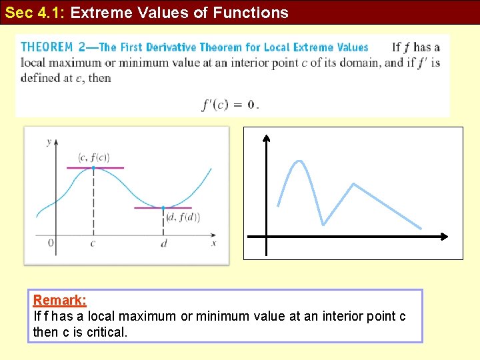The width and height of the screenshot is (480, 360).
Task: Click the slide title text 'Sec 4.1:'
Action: [35, 13]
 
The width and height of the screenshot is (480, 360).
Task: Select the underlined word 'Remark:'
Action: [60, 301]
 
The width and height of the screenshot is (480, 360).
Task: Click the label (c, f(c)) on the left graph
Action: [93, 157]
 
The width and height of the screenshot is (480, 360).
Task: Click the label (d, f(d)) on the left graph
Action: [182, 217]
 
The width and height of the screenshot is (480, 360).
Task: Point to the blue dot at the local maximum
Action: [93, 167]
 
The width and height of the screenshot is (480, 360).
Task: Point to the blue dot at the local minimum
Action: [163, 207]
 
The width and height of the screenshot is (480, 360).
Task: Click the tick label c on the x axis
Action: [93, 243]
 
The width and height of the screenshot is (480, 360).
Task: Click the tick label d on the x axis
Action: [164, 243]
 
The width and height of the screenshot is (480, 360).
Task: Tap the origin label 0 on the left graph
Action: [51, 243]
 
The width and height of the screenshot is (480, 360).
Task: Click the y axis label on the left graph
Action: [49, 141]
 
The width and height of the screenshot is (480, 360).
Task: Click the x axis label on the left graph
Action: [214, 243]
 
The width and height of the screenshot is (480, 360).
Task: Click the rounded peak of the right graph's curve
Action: [300, 161]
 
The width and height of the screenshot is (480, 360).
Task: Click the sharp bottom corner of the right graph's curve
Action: [323, 224]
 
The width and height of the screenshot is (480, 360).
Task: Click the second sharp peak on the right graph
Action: [353, 184]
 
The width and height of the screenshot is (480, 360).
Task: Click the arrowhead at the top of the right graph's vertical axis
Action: [266, 138]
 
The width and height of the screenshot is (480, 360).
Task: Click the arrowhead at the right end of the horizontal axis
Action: [443, 237]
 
